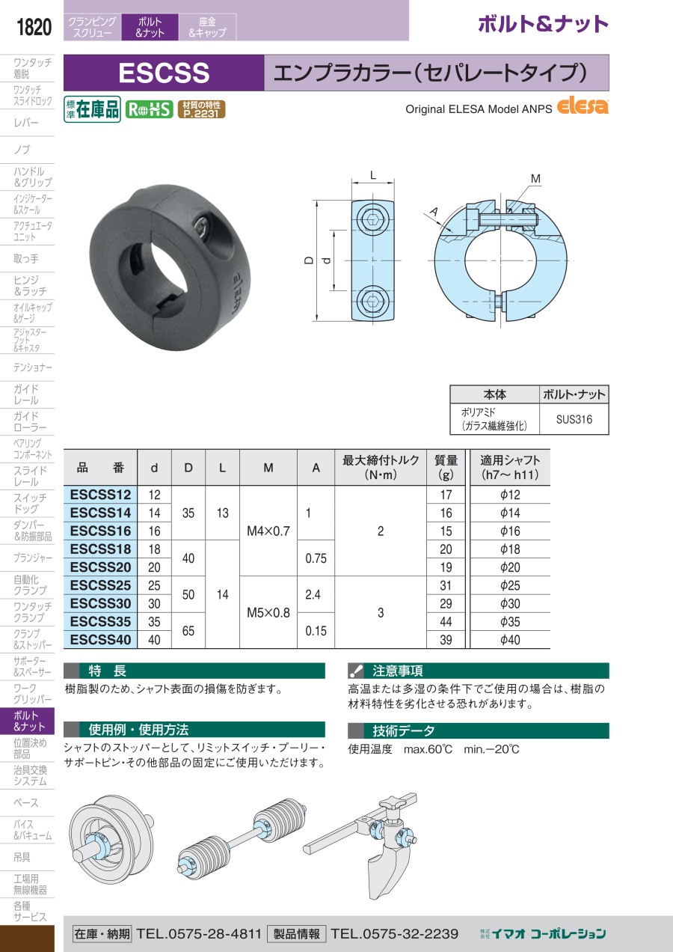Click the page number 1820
pos(34,27)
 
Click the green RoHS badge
pos(149,109)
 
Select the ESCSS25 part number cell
pos(100,585)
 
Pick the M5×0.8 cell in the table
pos(268,612)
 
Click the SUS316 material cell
pos(574,419)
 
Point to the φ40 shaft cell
pos(510,640)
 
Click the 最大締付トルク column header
pos(381,467)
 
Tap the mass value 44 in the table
pos(446,622)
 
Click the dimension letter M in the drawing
pos(536,179)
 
